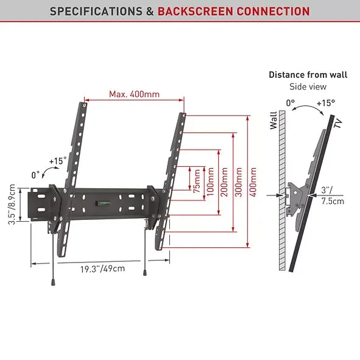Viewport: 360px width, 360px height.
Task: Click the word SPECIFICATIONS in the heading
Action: [x=97, y=12]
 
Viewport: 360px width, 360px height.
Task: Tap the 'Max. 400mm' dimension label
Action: [x=134, y=94]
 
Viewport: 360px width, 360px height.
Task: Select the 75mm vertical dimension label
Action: [x=197, y=180]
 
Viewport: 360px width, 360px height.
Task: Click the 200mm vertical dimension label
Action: [x=224, y=180]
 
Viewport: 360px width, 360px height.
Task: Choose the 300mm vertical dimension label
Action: [x=238, y=180]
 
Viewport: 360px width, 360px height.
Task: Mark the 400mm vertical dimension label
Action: [x=253, y=180]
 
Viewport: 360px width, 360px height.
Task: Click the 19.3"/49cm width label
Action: [x=102, y=269]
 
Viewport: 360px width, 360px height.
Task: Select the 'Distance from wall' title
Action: [x=308, y=75]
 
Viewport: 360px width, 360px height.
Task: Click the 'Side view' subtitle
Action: [x=308, y=86]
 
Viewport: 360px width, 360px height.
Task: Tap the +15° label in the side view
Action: [x=325, y=103]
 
